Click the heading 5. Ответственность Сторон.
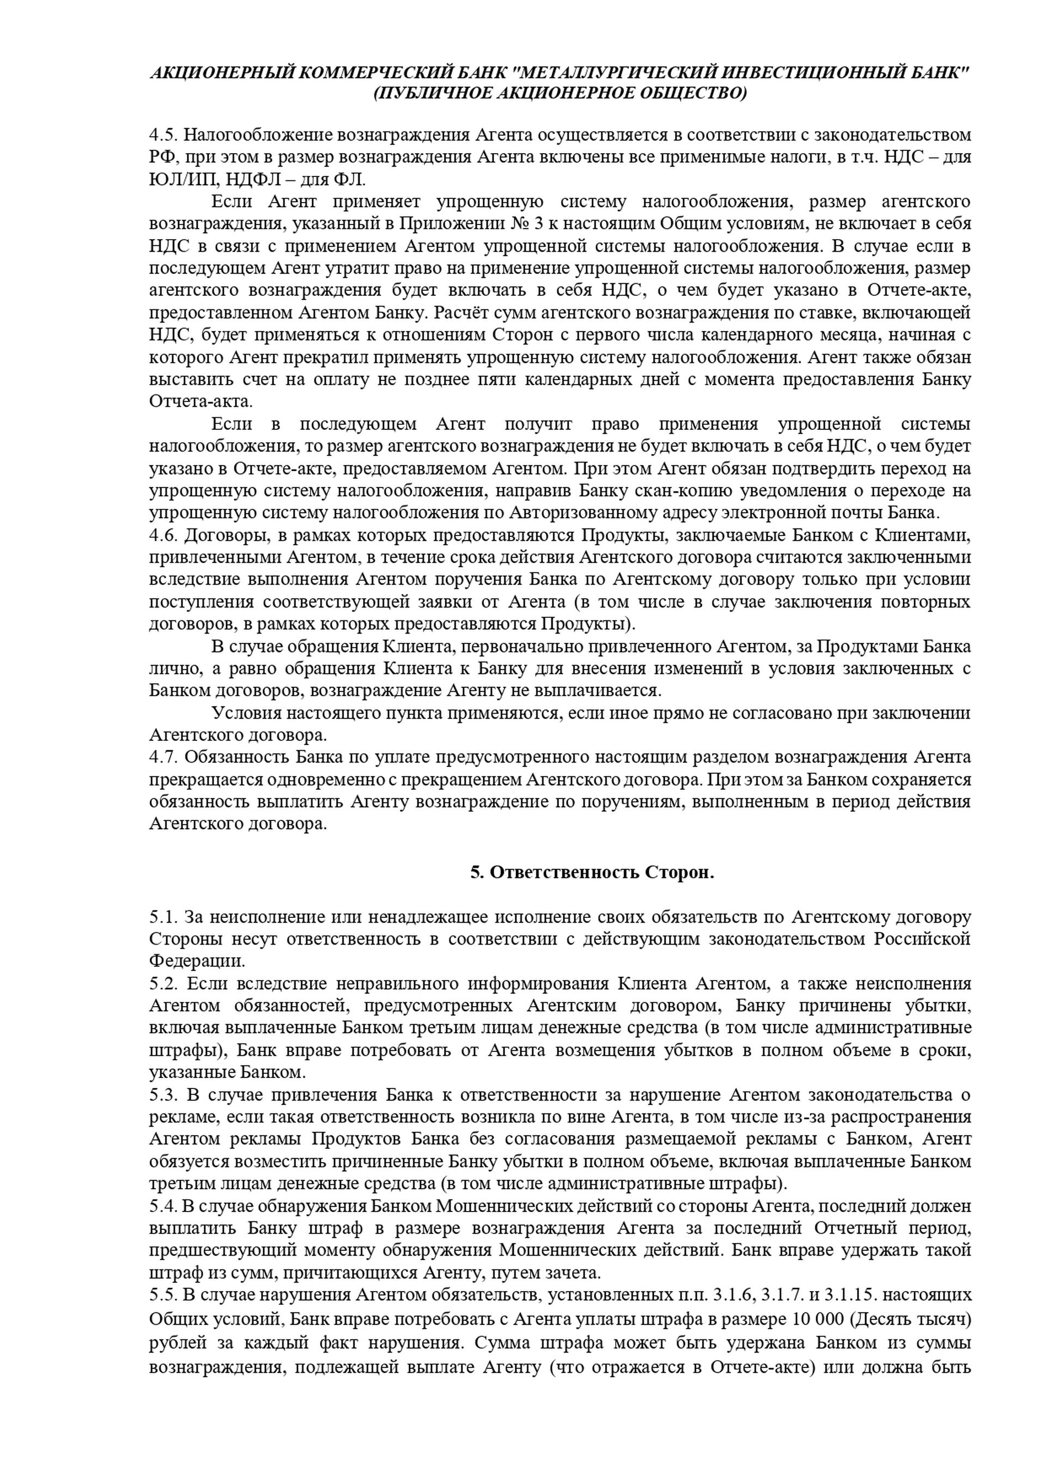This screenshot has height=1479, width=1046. click(x=592, y=872)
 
